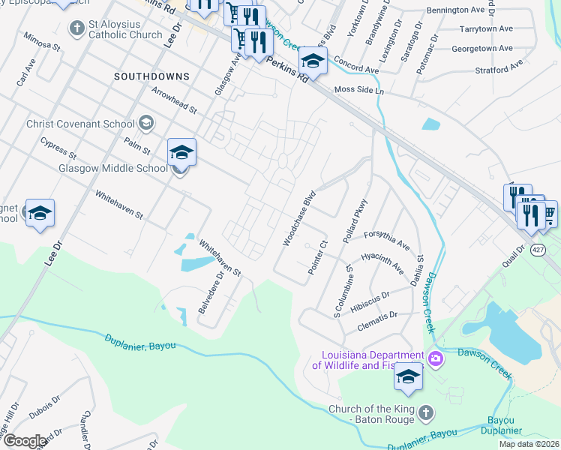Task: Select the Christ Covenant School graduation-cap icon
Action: (x=146, y=123)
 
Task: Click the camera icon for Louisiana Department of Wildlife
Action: (x=436, y=360)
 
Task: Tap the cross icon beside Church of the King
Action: (x=425, y=413)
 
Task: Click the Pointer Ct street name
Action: (x=319, y=256)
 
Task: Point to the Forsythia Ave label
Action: (x=387, y=240)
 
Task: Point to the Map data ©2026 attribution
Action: (x=529, y=444)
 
